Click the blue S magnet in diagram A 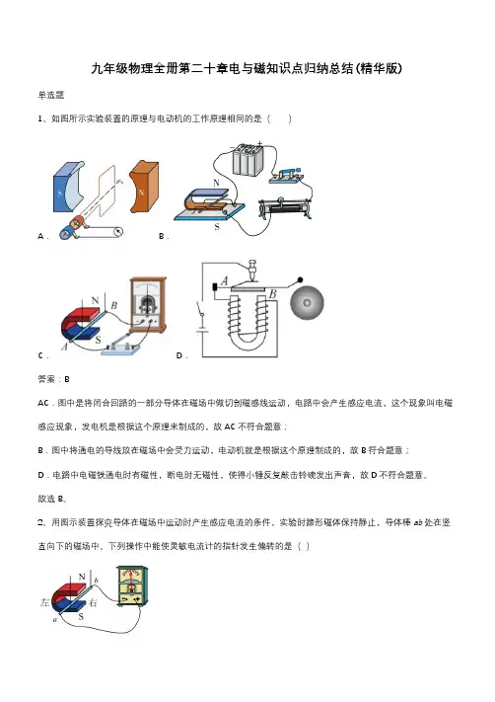pyautogui.click(x=66, y=188)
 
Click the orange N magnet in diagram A pyautogui.click(x=144, y=187)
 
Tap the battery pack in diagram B pyautogui.click(x=247, y=159)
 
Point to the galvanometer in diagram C pyautogui.click(x=148, y=305)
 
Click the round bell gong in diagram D pyautogui.click(x=307, y=303)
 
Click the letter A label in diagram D pyautogui.click(x=225, y=281)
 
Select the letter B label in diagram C pyautogui.click(x=114, y=306)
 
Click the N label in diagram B pyautogui.click(x=216, y=183)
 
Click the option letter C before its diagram pyautogui.click(x=41, y=355)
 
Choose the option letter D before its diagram pyautogui.click(x=179, y=355)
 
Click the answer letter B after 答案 pyautogui.click(x=67, y=380)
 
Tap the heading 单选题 pyautogui.click(x=51, y=95)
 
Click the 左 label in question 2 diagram pyautogui.click(x=44, y=602)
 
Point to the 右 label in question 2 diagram pyautogui.click(x=93, y=602)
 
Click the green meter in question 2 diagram pyautogui.click(x=132, y=586)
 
